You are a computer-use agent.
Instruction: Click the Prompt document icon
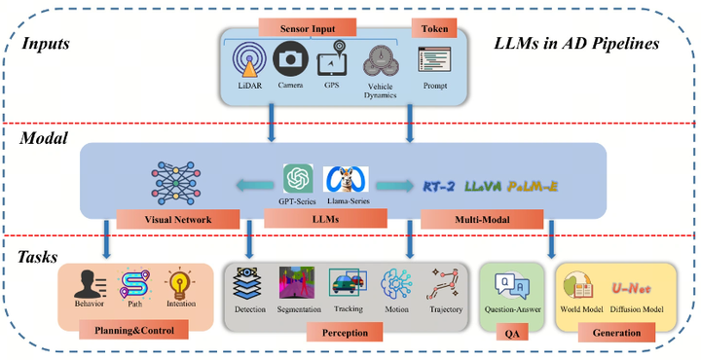click(x=430, y=61)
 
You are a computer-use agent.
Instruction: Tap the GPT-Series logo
click(x=298, y=179)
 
